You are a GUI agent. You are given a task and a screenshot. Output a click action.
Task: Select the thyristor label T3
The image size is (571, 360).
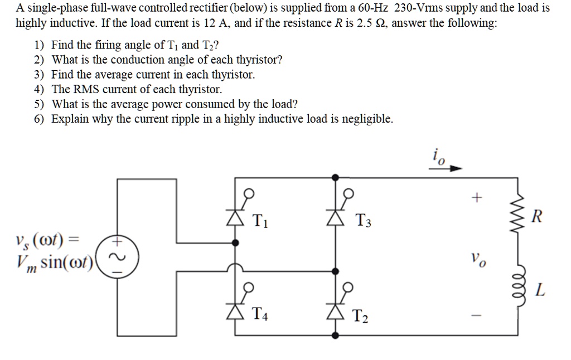pos(362,222)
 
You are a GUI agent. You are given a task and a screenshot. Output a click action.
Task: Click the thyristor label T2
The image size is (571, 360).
pos(361,317)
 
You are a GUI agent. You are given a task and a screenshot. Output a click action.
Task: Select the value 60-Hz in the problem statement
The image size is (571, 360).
pos(371,8)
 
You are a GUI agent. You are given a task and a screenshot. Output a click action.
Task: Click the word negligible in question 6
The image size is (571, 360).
pos(367,119)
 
